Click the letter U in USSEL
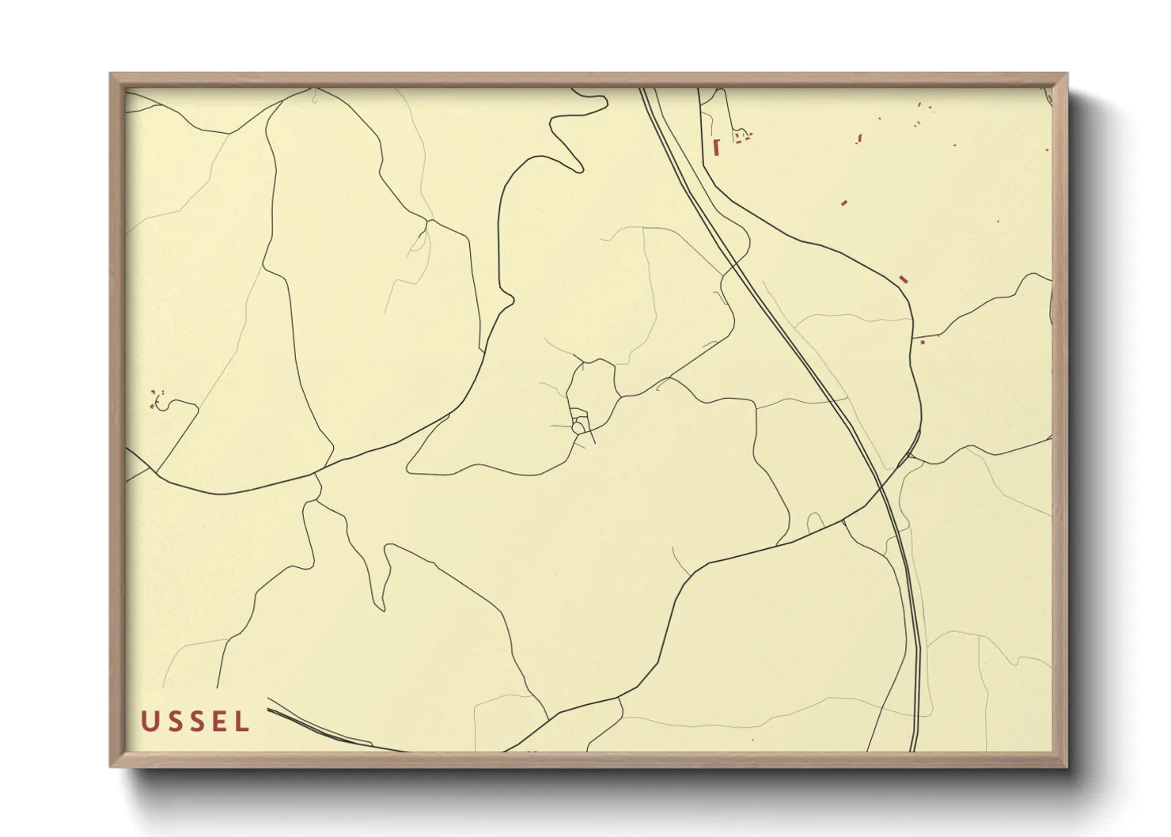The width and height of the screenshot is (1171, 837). point(149,721)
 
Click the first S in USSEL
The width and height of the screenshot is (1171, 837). point(172,721)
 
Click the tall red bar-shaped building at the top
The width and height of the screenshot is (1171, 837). point(717,146)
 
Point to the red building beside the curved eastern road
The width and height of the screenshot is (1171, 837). point(904,279)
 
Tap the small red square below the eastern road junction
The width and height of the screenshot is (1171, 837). point(922,342)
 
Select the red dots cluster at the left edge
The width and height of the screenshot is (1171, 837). point(156,398)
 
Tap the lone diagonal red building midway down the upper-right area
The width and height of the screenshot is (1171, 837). point(844,203)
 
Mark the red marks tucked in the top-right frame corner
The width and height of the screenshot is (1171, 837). point(1049,97)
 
